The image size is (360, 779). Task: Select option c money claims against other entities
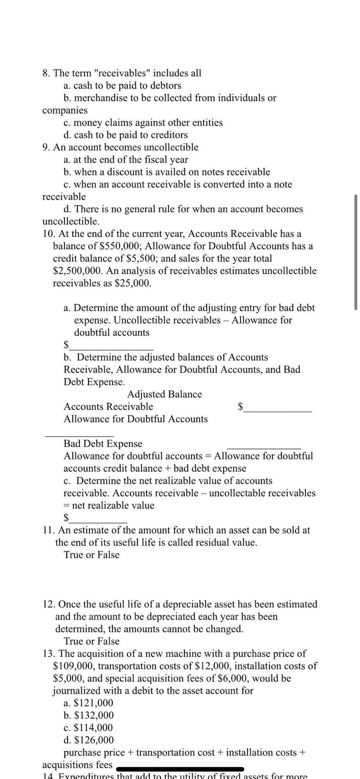point(143,122)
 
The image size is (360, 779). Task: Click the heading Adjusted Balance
point(164,394)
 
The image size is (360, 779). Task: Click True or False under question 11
point(92,555)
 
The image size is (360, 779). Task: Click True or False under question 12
point(92,641)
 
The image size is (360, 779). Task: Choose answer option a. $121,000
point(88,703)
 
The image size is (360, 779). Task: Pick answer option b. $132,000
point(89,715)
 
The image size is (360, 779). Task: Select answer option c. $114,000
point(88,728)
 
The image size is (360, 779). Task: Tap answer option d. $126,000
point(89,740)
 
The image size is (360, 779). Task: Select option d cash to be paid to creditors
point(126,135)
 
